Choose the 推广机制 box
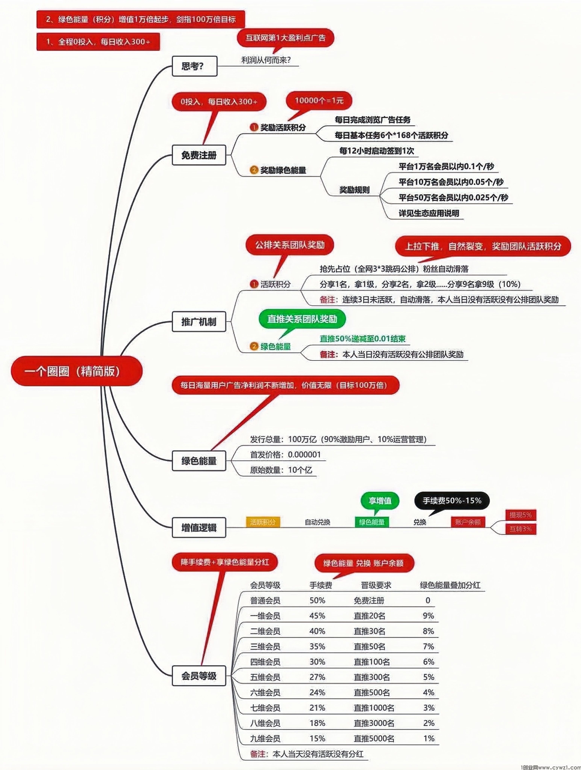[199, 322]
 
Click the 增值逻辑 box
[199, 527]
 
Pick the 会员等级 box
[199, 676]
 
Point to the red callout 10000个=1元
[319, 101]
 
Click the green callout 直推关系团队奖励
[302, 319]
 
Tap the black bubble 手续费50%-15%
[452, 501]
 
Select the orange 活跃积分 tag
[263, 522]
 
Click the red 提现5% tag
[520, 515]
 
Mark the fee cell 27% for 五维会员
[317, 677]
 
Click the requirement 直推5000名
[374, 738]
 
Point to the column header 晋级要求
[376, 585]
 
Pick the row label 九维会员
[265, 738]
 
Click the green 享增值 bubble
[380, 501]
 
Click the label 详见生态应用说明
[429, 213]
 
